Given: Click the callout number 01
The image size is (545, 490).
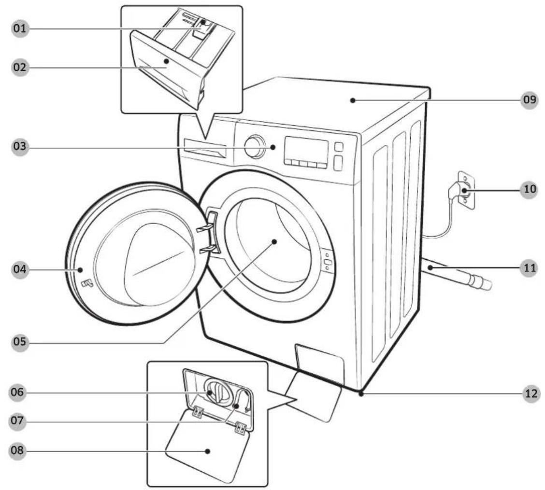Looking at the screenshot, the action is [x=20, y=28].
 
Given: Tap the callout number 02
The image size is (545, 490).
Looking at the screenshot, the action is [x=20, y=67].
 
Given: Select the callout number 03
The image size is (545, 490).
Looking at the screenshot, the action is [x=20, y=146].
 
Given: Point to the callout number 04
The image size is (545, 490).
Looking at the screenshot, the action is [x=20, y=269].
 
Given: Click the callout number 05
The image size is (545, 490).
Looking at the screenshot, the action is [x=20, y=342].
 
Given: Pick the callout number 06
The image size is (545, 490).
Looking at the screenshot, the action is [x=17, y=392].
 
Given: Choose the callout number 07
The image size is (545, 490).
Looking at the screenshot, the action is [x=17, y=421].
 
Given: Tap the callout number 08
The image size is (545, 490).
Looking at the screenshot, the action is [x=17, y=451].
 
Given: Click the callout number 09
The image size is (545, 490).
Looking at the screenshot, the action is [x=530, y=100].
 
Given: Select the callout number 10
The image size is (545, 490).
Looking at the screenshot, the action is [x=530, y=189].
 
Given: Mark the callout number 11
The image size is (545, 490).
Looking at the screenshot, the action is [x=530, y=268].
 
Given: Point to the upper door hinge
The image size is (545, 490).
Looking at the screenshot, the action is [x=205, y=227].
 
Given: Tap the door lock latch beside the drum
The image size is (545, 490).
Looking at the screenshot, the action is [x=327, y=261].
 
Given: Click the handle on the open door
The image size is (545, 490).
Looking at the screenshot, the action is [x=87, y=283].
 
